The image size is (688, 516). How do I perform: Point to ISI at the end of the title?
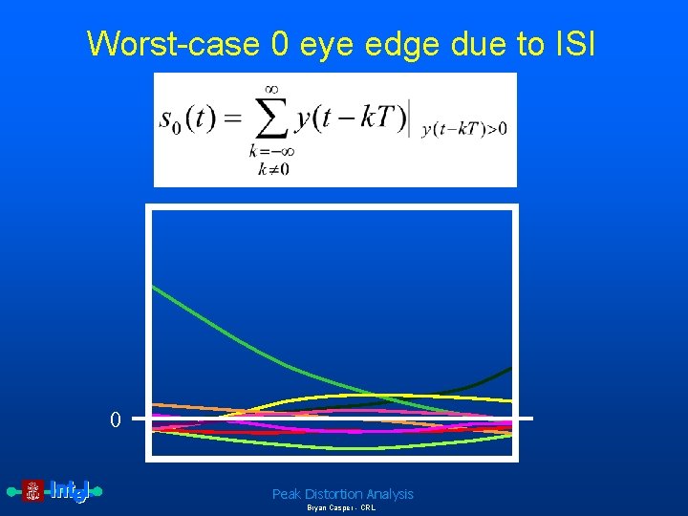tap(572, 43)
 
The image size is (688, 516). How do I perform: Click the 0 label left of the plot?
tap(115, 419)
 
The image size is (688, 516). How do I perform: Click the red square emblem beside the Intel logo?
tap(33, 491)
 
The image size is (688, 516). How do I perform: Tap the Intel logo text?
tap(70, 491)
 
